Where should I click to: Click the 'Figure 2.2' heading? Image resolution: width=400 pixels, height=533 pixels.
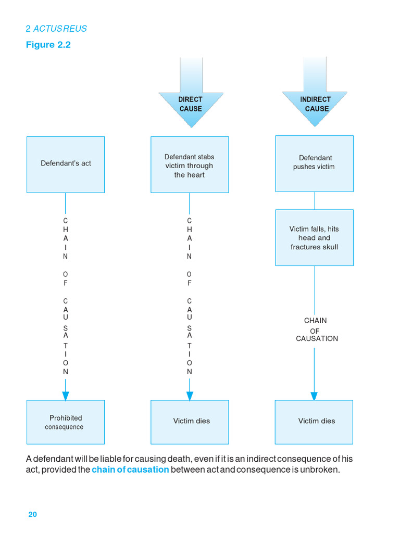pos(48,45)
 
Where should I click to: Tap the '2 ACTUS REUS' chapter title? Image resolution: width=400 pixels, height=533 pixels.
pos(56,29)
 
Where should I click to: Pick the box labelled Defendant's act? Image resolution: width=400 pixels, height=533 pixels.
pos(66,164)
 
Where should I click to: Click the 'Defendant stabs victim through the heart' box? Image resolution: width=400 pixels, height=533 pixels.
pos(190,164)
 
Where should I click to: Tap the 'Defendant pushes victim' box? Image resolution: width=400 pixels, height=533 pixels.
pos(314,163)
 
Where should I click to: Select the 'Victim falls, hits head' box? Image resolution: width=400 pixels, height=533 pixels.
pos(314,237)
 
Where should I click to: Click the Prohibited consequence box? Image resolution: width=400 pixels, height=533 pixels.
pos(66,422)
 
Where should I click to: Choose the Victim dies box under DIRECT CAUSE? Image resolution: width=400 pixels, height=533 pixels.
pos(190,422)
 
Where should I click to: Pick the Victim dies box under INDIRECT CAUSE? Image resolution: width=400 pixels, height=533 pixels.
pos(314,422)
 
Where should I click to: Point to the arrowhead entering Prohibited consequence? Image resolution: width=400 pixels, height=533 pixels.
pos(66,396)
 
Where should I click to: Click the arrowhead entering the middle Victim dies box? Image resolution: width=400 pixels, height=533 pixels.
pos(190,396)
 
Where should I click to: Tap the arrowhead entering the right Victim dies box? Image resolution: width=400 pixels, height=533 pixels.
pos(314,396)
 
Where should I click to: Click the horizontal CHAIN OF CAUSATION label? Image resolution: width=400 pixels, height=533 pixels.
pos(316,330)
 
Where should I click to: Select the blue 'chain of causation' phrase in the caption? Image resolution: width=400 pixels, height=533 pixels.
pos(130,469)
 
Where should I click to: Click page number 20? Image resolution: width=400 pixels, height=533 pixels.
pos(32,514)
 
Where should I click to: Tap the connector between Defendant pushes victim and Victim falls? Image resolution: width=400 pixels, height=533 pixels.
pos(314,200)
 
